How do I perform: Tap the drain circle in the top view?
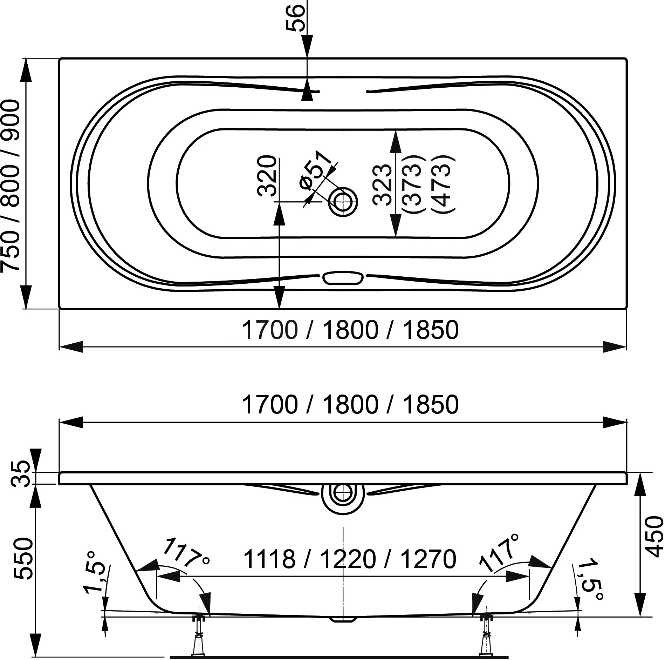pyautogui.click(x=343, y=202)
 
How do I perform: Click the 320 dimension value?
pyautogui.click(x=267, y=176)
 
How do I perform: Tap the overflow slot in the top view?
pyautogui.click(x=343, y=278)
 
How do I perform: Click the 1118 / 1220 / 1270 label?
pyautogui.click(x=349, y=559)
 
